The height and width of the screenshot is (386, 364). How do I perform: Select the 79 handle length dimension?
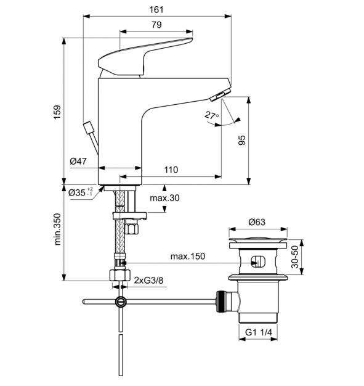(x=156, y=25)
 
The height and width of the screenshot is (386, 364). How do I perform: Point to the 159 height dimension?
(x=57, y=112)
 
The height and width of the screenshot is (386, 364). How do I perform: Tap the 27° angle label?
(x=211, y=115)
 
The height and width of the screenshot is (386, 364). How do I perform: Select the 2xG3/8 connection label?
(x=150, y=281)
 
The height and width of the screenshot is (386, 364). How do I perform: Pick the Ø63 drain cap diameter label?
(x=257, y=222)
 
